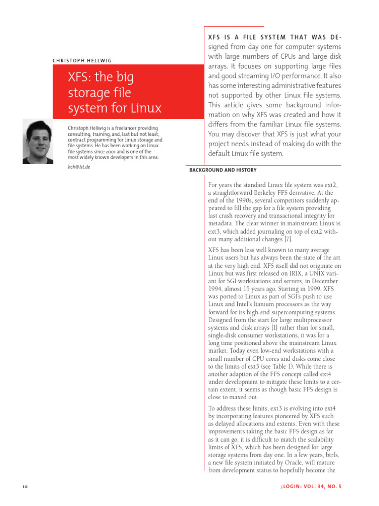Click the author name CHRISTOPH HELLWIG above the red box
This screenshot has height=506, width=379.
(82, 61)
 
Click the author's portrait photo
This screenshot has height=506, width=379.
(38, 141)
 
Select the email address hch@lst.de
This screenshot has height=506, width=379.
(79, 167)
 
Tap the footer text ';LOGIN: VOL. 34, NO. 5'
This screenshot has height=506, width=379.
(310, 487)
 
